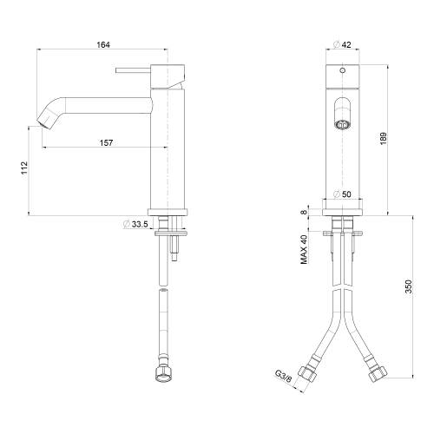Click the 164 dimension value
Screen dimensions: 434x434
point(103,45)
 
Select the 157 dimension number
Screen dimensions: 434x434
point(106,142)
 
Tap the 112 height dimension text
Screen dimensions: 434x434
point(24,168)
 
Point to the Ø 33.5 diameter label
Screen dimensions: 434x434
point(135,224)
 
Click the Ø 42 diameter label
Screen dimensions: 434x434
point(342,44)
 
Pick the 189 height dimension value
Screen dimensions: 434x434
point(383,139)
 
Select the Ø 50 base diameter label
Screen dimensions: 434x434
point(342,194)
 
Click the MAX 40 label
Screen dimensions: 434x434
point(304,249)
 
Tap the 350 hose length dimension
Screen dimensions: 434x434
point(408,286)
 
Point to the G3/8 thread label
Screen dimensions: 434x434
point(283,377)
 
